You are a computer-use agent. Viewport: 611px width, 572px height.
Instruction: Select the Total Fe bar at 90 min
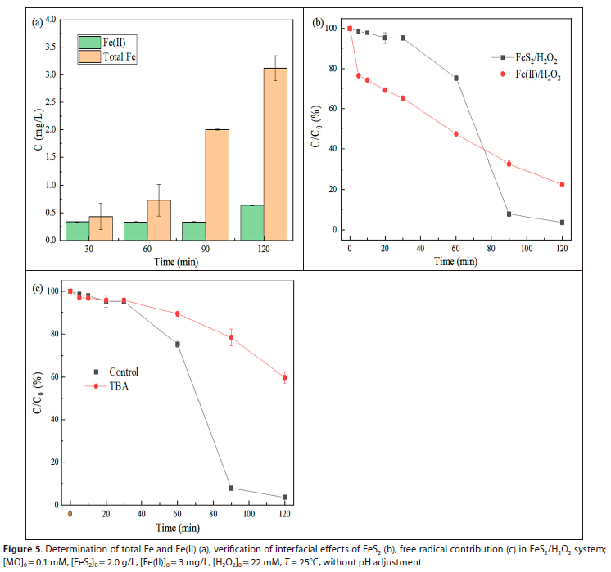[216, 185]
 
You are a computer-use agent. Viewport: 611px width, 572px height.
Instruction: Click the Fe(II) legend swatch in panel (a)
[90, 41]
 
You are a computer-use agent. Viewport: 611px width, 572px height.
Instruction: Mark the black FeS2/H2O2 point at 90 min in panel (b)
[509, 214]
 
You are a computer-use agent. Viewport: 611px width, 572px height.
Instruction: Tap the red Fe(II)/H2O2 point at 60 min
[455, 133]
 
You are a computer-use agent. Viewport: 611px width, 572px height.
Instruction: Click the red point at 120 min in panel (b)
[562, 184]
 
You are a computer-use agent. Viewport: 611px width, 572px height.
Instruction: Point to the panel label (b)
[320, 23]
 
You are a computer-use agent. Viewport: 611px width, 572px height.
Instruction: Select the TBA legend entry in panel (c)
[120, 386]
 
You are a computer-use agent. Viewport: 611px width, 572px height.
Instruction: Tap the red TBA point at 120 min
[284, 377]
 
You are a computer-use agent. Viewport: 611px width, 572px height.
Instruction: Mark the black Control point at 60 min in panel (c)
[178, 345]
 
